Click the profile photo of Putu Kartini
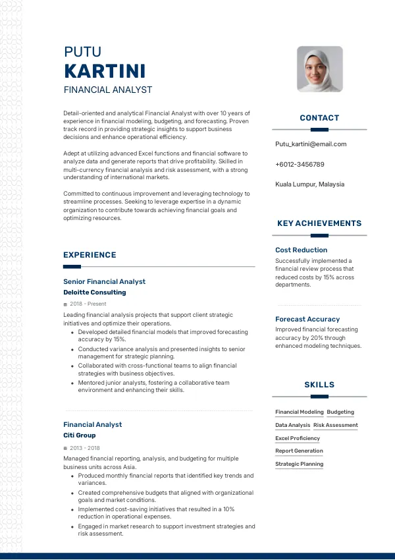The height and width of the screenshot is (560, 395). [x=319, y=69]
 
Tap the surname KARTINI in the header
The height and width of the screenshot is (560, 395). [x=105, y=71]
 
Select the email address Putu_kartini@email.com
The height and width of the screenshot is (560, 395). [x=311, y=144]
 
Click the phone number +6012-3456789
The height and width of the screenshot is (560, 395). [x=300, y=164]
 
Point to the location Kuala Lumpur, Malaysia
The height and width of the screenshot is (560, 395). [x=309, y=184]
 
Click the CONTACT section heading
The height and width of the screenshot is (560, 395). [x=319, y=118]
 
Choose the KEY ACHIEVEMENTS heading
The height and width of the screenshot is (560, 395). [x=319, y=223]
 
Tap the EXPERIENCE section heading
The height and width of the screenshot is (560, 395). [x=90, y=255]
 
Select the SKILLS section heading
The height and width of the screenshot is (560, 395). [x=319, y=385]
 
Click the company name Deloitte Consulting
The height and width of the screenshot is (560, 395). [x=94, y=293]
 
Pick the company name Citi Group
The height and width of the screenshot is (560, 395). [x=79, y=435]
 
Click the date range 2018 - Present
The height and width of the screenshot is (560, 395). [x=88, y=304]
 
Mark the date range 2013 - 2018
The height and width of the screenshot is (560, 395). [x=84, y=447]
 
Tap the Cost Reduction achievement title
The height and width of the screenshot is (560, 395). [x=301, y=250]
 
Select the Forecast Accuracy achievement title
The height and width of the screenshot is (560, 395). [x=307, y=320]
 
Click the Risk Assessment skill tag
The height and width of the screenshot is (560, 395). [x=336, y=426]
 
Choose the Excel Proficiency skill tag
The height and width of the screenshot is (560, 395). [x=298, y=438]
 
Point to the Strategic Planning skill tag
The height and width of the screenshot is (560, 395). [x=299, y=464]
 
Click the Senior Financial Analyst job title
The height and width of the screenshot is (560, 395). [x=104, y=282]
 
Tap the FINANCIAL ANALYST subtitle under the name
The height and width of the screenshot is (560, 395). [x=107, y=90]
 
